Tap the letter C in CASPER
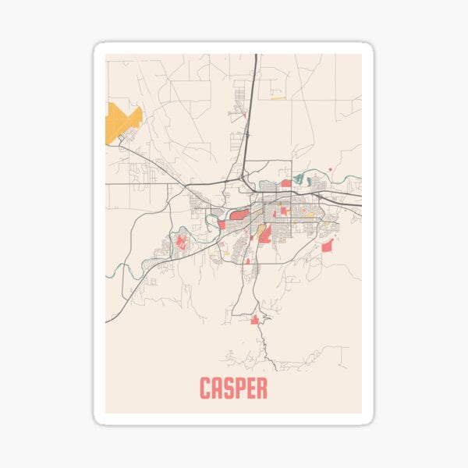pyautogui.click(x=207, y=388)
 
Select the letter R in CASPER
pyautogui.click(x=261, y=388)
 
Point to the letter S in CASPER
pyautogui.click(x=229, y=388)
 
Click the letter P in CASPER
pyautogui.click(x=240, y=388)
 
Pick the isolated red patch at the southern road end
pyautogui.click(x=254, y=319)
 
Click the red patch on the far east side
pyautogui.click(x=328, y=246)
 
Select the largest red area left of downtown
pyautogui.click(x=239, y=214)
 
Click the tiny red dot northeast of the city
pyautogui.click(x=330, y=168)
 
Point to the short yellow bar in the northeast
pyautogui.click(x=278, y=97)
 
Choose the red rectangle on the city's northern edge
pyautogui.click(x=285, y=183)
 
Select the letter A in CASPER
pyautogui.click(x=218, y=388)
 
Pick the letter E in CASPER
pyautogui.click(x=251, y=388)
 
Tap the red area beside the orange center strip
pyautogui.click(x=265, y=233)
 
